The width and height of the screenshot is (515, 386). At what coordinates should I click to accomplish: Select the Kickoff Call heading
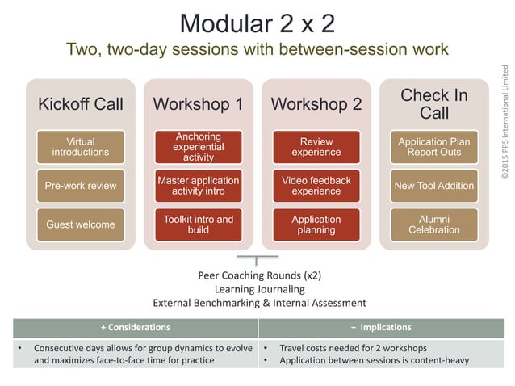(80, 104)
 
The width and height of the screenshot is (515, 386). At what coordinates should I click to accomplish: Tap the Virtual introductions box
(80, 147)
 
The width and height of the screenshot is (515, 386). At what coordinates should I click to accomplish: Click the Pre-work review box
(80, 186)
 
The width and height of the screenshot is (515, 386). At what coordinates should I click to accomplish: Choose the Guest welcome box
(80, 224)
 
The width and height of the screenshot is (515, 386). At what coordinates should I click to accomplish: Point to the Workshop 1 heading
(198, 104)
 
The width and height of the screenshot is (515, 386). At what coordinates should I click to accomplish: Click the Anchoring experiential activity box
(198, 147)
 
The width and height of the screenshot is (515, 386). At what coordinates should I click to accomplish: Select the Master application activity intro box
(198, 186)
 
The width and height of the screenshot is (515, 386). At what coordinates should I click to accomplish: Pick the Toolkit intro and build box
(198, 224)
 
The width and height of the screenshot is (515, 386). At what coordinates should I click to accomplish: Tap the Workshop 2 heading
(316, 104)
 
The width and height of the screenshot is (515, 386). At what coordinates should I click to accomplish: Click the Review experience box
(316, 147)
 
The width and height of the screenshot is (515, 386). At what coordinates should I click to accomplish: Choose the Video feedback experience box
(316, 186)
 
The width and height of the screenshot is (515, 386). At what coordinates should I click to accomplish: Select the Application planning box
(316, 224)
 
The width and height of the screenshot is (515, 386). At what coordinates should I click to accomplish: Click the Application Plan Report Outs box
(433, 147)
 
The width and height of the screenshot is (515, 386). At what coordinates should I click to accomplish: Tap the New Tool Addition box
(433, 186)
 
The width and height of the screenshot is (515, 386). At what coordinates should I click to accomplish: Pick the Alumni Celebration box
(433, 224)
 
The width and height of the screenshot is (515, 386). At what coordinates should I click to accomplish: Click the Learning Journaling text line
(259, 289)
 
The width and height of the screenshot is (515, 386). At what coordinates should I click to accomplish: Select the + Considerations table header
(135, 327)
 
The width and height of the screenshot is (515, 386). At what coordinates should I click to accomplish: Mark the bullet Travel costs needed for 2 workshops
(343, 348)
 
